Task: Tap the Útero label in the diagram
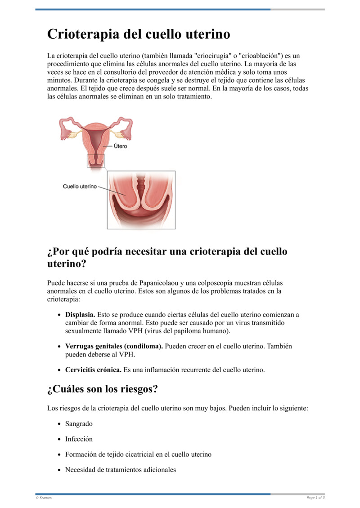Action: pos(120,146)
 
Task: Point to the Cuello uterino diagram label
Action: pos(80,186)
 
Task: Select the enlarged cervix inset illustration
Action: pos(141,200)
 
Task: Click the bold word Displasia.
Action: pos(80,315)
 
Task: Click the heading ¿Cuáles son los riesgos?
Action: pos(102,389)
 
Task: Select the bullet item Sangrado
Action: pos(79,423)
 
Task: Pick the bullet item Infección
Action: pos(79,439)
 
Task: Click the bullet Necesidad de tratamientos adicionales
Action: pos(120,470)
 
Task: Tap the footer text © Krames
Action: pos(44,498)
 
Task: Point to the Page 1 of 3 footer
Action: pos(315,498)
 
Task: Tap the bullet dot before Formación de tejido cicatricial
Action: pos(59,455)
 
